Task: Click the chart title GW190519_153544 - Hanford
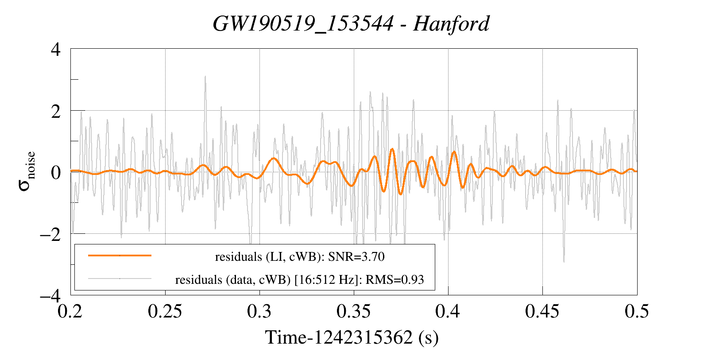[x=351, y=24]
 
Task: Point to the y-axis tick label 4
[x=56, y=49]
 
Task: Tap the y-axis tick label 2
[x=56, y=111]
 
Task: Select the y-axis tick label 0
[x=56, y=172]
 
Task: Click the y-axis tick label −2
[x=50, y=234]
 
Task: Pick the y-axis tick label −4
[x=50, y=295]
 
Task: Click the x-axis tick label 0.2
[x=71, y=312]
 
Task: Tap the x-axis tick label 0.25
[x=165, y=312]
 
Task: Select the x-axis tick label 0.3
[x=259, y=312]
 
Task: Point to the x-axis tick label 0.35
[x=354, y=312]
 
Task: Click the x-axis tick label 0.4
[x=448, y=312]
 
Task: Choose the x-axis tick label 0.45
[x=542, y=312]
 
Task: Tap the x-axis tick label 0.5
[x=637, y=312]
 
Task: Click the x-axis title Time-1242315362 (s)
[x=352, y=338]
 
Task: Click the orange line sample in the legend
[x=120, y=255]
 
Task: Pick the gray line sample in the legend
[x=120, y=279]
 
